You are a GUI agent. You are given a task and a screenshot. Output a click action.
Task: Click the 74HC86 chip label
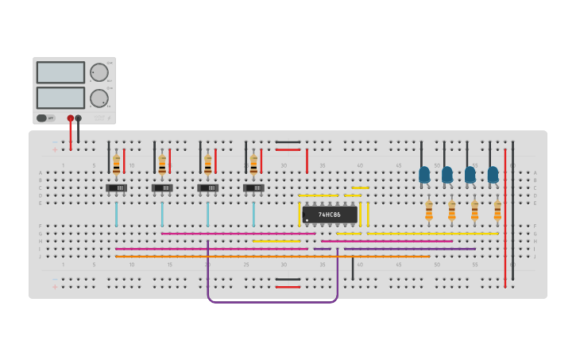tap(329, 215)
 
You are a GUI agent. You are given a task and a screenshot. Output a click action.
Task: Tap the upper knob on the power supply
tap(99, 72)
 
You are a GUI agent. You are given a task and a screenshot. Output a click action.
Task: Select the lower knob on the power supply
tap(99, 99)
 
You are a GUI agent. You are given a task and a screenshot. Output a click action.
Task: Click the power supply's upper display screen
tap(60, 72)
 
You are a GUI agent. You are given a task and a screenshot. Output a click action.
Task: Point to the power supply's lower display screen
tap(60, 98)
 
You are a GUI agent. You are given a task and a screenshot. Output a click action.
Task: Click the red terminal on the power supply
tap(71, 118)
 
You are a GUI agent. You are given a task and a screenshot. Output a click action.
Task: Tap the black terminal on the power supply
tap(78, 118)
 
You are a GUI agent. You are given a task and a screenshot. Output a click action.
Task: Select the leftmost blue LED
tap(424, 174)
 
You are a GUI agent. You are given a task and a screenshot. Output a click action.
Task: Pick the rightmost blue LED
tap(493, 174)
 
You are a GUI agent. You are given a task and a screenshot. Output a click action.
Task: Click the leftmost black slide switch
tap(116, 188)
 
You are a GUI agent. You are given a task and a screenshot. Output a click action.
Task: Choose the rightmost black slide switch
tap(253, 188)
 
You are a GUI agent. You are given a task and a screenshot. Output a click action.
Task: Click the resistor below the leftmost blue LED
tap(429, 211)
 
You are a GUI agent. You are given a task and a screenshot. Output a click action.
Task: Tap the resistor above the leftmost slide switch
tap(116, 165)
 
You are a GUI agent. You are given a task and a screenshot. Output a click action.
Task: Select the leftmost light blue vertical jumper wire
tap(116, 215)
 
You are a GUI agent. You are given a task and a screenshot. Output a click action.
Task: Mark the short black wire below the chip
tap(353, 268)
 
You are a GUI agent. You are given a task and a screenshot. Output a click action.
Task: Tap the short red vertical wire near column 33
tap(307, 161)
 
